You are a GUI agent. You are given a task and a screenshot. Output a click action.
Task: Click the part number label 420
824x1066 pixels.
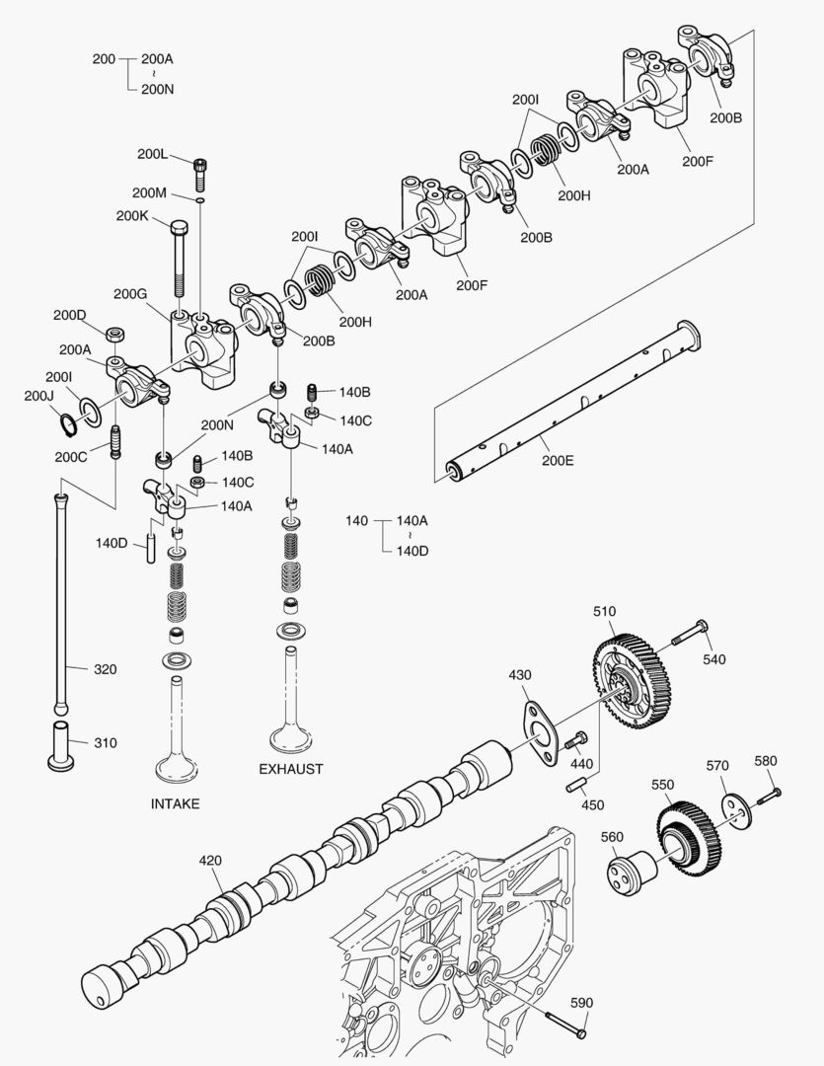pyautogui.click(x=210, y=860)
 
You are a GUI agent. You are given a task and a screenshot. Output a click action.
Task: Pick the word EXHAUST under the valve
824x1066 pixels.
pyautogui.click(x=291, y=769)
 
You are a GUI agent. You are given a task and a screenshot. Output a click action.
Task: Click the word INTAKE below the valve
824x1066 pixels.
pyautogui.click(x=175, y=803)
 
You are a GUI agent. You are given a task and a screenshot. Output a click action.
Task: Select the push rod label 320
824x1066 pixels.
pyautogui.click(x=105, y=669)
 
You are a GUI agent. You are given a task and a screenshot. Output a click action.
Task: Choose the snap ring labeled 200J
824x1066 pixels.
pyautogui.click(x=65, y=424)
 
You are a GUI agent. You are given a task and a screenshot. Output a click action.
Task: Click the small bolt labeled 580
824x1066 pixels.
pyautogui.click(x=770, y=793)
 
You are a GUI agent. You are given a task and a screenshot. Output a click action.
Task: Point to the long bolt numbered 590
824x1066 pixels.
pyautogui.click(x=564, y=1026)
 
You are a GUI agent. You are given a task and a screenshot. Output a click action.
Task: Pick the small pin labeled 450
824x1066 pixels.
pyautogui.click(x=579, y=786)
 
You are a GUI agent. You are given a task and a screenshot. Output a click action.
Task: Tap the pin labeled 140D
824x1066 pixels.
pyautogui.click(x=151, y=549)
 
